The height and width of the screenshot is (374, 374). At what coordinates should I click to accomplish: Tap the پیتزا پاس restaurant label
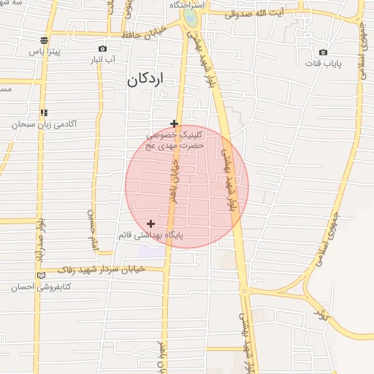tap(45, 53)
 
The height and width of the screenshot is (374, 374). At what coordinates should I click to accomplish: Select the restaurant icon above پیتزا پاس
tap(45, 40)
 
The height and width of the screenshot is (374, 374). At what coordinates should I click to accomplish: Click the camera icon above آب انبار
tap(102, 49)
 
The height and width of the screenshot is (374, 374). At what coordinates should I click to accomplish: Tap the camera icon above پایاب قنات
tap(324, 52)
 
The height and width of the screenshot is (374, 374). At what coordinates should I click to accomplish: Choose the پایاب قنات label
tap(324, 64)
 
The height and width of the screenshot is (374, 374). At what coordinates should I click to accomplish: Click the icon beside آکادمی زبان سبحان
tap(45, 112)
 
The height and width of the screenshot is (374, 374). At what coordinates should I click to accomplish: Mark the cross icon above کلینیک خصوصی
tap(174, 123)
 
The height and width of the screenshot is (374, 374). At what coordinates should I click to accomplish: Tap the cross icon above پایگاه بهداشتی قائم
tap(151, 224)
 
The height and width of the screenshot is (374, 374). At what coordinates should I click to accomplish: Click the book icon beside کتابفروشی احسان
tap(40, 275)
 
